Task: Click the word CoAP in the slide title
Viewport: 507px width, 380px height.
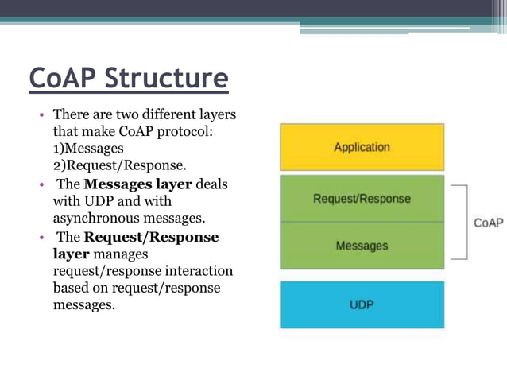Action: [64, 79]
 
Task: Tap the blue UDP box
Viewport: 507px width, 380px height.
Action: [362, 304]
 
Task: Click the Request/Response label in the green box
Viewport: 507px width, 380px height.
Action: [362, 199]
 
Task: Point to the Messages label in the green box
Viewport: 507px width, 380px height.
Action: [362, 246]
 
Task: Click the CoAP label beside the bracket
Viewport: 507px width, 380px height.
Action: [489, 223]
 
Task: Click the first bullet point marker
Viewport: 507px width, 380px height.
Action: [43, 116]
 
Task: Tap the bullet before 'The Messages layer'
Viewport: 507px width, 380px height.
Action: [43, 185]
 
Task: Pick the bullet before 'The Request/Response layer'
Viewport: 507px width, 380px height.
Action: [43, 238]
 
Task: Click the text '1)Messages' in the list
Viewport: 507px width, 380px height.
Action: [88, 149]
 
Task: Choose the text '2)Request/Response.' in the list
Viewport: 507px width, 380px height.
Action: [119, 165]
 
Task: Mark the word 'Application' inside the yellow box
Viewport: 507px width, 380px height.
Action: [362, 147]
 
